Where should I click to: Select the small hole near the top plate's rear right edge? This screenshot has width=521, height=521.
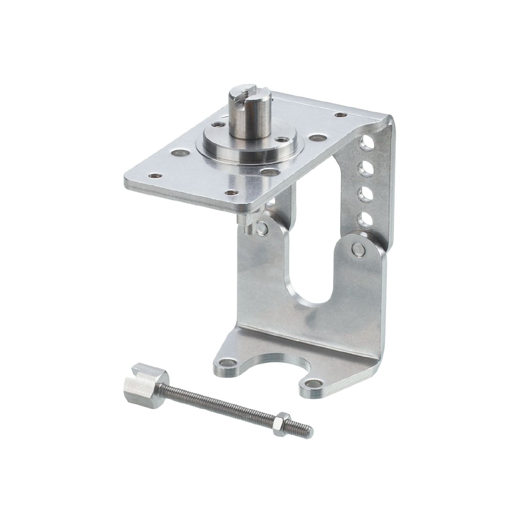tap(339, 115)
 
